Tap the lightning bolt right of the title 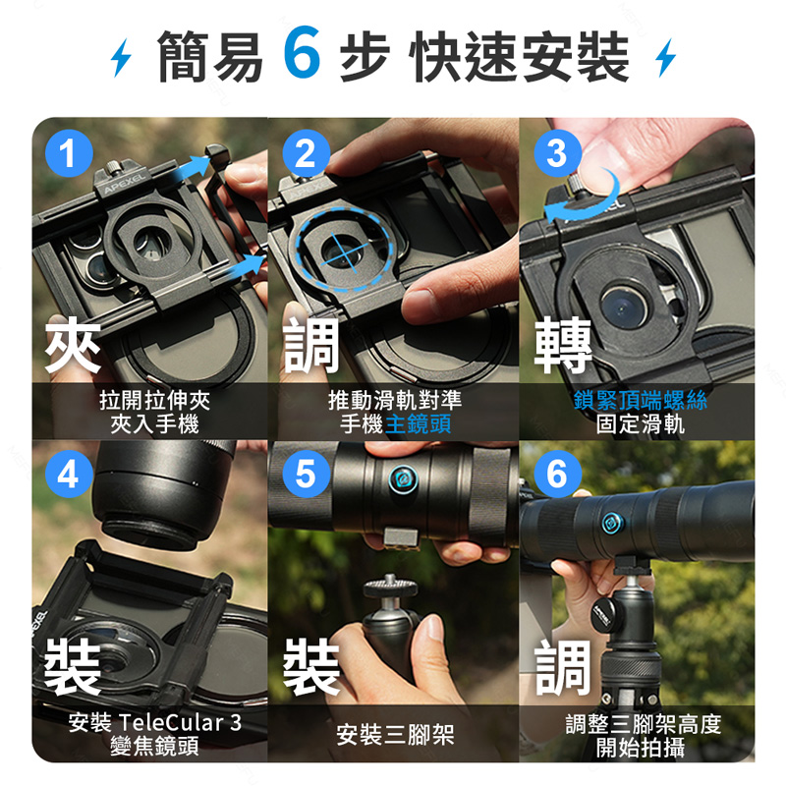click(x=666, y=57)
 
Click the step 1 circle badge click(x=69, y=153)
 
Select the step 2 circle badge click(x=306, y=153)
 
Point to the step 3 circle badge click(x=557, y=153)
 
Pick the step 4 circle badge click(x=69, y=474)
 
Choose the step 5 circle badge click(x=306, y=474)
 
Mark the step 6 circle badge click(x=557, y=474)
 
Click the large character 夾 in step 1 click(x=73, y=345)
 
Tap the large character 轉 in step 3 click(x=563, y=345)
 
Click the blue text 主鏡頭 click(x=419, y=424)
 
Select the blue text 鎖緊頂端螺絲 click(x=641, y=400)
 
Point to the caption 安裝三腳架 click(x=395, y=735)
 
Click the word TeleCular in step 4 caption click(x=172, y=722)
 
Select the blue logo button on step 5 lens click(x=404, y=479)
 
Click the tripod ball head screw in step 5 click(x=389, y=585)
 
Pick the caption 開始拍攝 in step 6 click(x=641, y=748)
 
